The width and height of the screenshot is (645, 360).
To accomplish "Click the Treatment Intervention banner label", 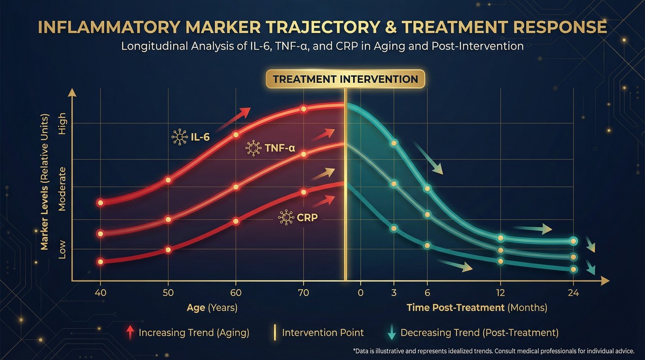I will click(345, 79).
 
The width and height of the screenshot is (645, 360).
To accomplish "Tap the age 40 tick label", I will click(101, 293).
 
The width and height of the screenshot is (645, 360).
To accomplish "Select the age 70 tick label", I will click(304, 293).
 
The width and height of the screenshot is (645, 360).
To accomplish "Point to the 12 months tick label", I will click(500, 293).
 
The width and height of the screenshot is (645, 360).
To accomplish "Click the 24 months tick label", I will click(574, 293).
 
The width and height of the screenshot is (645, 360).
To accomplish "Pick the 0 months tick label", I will click(360, 293).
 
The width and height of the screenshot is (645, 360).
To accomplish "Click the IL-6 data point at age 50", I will click(168, 180).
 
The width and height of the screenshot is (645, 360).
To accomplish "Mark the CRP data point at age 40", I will click(100, 262).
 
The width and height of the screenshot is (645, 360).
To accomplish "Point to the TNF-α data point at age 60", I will click(236, 187).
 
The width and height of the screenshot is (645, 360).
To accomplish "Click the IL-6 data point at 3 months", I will click(393, 143).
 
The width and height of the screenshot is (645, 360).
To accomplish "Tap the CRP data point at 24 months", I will click(574, 269).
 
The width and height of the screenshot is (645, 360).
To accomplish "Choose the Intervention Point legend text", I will click(322, 332).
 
